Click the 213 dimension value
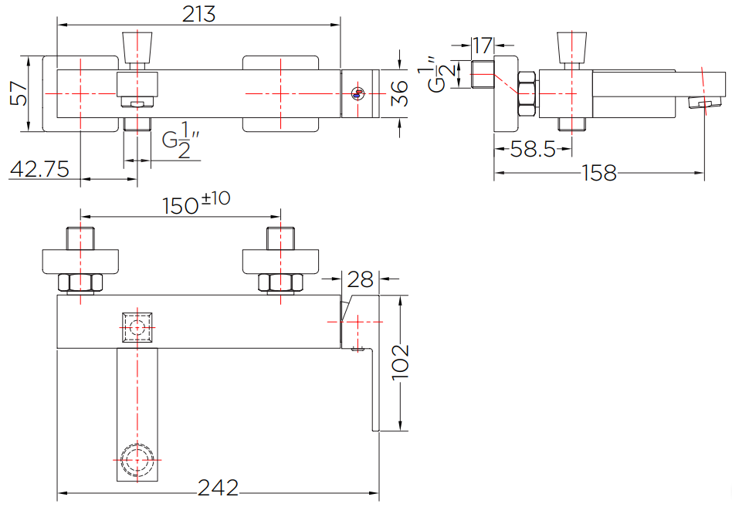pos(198,14)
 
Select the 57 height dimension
pos(19,93)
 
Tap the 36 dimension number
pos(398,93)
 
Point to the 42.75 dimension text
pos(39,169)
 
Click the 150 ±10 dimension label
pos(196,204)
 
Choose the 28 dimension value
pos(361,279)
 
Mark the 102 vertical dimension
pos(400,363)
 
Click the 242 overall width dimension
pos(218,488)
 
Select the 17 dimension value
pos(483,46)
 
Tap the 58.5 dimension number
pos(533,149)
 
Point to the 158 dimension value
pos(599,173)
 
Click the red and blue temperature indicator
pos(358,94)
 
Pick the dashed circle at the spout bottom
pos(137,461)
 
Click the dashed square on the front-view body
pos(137,327)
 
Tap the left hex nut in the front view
pos(80,282)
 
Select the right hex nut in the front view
pos(280,282)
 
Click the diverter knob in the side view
pos(572,48)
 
